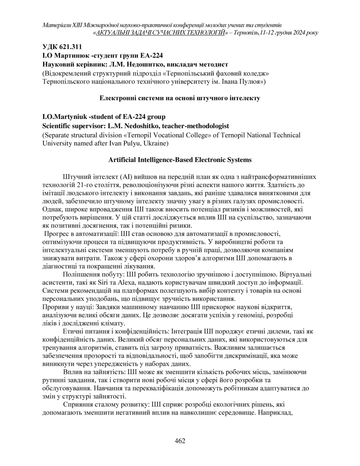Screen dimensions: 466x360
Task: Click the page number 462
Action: point(180,441)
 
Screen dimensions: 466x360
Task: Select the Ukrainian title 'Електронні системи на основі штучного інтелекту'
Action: point(180,98)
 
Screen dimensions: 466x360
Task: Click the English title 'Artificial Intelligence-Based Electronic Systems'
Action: point(180,160)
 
